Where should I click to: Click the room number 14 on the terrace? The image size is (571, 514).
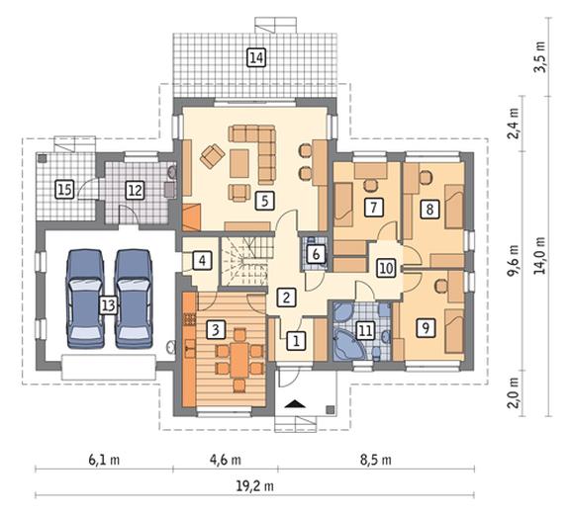pyautogui.click(x=256, y=57)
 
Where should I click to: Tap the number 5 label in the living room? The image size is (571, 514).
pyautogui.click(x=265, y=201)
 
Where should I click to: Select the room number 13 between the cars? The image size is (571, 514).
pyautogui.click(x=109, y=305)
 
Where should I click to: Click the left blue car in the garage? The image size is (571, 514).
pyautogui.click(x=85, y=299)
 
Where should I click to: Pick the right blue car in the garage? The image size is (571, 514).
pyautogui.click(x=134, y=299)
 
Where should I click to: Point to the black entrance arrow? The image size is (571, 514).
pyautogui.click(x=295, y=403)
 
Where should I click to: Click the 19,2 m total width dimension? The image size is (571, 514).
pyautogui.click(x=255, y=485)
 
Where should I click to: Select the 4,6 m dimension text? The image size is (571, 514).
pyautogui.click(x=226, y=460)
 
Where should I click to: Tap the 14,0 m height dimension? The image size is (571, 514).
pyautogui.click(x=540, y=255)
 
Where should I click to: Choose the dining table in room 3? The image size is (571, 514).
pyautogui.click(x=238, y=361)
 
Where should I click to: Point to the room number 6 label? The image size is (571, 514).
pyautogui.click(x=316, y=254)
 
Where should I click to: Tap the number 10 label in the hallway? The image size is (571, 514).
pyautogui.click(x=386, y=268)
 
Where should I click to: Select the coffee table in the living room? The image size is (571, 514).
pyautogui.click(x=239, y=163)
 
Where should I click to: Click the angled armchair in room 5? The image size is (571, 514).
pyautogui.click(x=212, y=156)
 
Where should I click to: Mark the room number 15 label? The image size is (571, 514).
pyautogui.click(x=64, y=190)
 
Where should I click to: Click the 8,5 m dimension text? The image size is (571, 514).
pyautogui.click(x=376, y=460)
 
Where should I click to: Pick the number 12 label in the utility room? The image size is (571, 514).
pyautogui.click(x=136, y=190)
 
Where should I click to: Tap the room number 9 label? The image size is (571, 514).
pyautogui.click(x=426, y=327)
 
